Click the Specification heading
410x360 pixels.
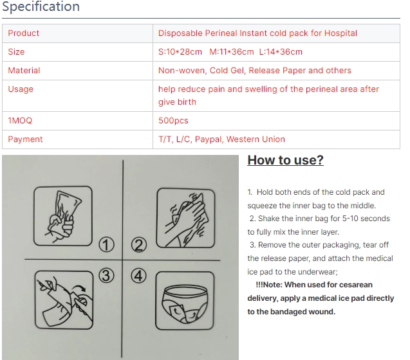pyautogui.click(x=41, y=6)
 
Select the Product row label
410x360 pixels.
pyautogui.click(x=24, y=33)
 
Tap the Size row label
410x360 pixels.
pyautogui.click(x=16, y=51)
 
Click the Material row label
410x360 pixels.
pyautogui.click(x=24, y=70)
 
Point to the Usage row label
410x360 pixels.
pyautogui.click(x=21, y=89)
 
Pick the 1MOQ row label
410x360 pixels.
pyautogui.click(x=20, y=120)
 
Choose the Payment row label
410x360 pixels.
pyautogui.click(x=25, y=139)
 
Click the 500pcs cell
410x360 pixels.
pyautogui.click(x=173, y=120)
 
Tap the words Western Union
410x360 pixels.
pyautogui.click(x=256, y=139)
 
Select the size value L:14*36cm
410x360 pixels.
pyautogui.click(x=281, y=51)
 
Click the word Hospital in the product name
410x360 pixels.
pyautogui.click(x=340, y=33)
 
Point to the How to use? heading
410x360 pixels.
pyautogui.click(x=286, y=160)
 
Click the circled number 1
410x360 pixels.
pyautogui.click(x=106, y=245)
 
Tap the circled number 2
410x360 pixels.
pyautogui.click(x=139, y=245)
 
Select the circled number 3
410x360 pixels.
pyautogui.click(x=106, y=275)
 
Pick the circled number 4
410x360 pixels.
pyautogui.click(x=138, y=276)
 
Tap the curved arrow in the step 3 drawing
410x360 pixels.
pyautogui.click(x=79, y=288)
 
